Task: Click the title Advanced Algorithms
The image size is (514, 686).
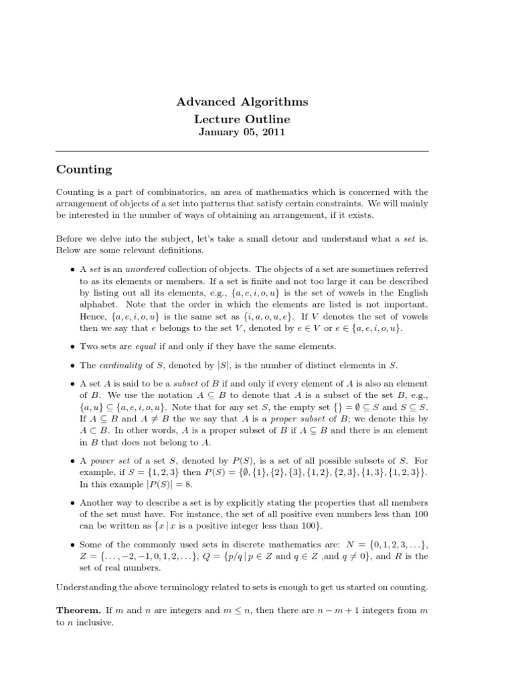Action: click(242, 102)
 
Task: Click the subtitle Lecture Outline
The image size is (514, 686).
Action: click(242, 119)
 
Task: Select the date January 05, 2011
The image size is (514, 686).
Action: click(242, 133)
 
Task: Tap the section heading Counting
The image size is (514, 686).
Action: click(84, 170)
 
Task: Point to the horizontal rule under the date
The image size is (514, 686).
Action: click(242, 151)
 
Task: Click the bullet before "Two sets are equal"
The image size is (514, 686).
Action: click(72, 346)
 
